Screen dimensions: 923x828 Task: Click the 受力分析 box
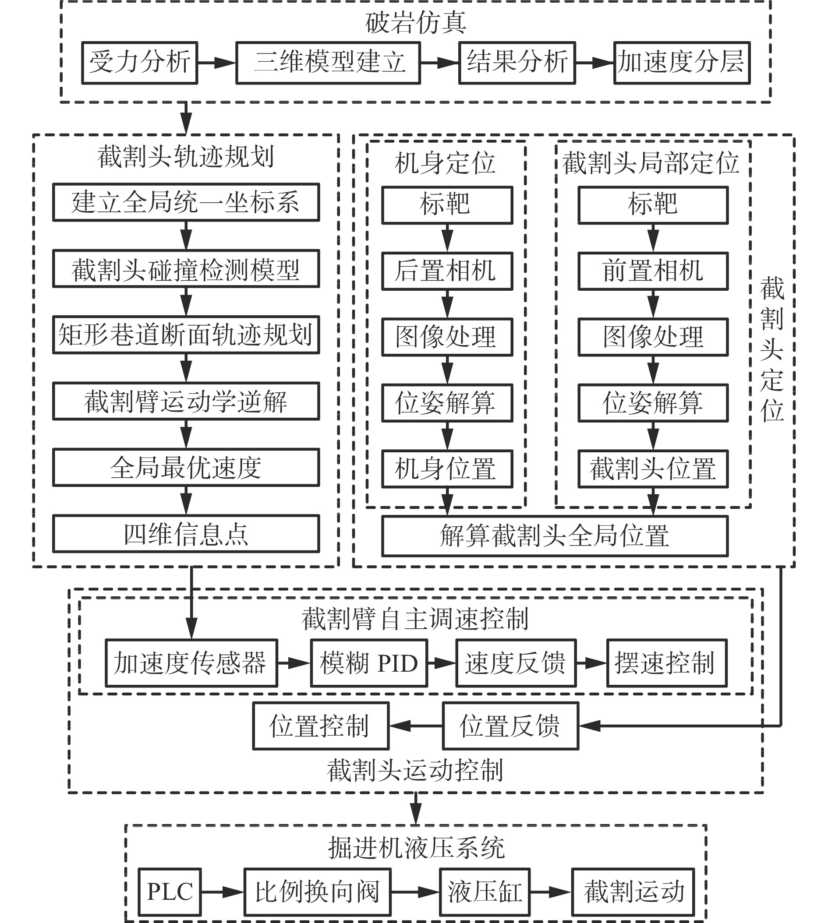pos(139,63)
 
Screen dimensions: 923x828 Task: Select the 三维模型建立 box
pos(328,63)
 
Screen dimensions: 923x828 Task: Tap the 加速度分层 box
pos(682,63)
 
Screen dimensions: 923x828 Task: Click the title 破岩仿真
pos(415,23)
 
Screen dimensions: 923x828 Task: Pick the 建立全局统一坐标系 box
pos(186,202)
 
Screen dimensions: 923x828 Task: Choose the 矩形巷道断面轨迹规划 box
pos(186,335)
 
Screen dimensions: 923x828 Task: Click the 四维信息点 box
pos(186,534)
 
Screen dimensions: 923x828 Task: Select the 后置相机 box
pos(447,271)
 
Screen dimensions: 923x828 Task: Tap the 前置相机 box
pos(653,271)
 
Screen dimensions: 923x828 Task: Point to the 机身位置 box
pos(447,469)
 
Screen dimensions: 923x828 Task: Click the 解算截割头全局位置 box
pos(555,536)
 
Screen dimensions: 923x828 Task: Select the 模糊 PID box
pos(368,663)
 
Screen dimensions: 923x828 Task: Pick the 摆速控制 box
pos(666,663)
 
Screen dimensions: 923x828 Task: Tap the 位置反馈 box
pos(510,726)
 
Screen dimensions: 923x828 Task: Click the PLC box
pos(170,891)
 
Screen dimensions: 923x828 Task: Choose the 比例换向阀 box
pos(317,891)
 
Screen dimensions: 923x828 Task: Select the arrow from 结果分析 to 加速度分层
pos(594,63)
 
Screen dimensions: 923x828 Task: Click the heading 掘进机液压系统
pos(416,848)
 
